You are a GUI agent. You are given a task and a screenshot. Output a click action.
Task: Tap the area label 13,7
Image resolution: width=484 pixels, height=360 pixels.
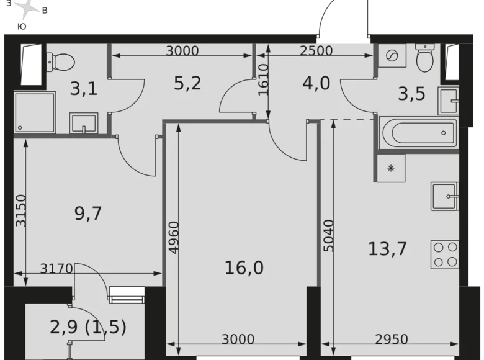(387, 249)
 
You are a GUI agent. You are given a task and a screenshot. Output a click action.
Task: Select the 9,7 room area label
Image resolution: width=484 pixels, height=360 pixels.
(87, 214)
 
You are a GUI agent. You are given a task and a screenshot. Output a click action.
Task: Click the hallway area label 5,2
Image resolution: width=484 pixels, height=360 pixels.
(187, 83)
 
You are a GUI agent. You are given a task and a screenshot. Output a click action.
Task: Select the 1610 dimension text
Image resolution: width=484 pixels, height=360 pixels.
(262, 79)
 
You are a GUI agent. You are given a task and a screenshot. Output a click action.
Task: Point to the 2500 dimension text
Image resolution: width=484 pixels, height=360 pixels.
(316, 52)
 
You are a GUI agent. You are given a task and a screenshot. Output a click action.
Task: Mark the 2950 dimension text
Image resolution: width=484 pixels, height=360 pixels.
(392, 339)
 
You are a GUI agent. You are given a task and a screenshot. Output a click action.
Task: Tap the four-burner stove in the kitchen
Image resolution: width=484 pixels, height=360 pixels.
(446, 254)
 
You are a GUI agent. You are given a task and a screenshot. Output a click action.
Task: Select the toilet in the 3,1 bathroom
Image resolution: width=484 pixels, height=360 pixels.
(60, 61)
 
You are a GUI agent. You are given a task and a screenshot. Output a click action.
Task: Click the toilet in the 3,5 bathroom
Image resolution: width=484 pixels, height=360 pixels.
(425, 59)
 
